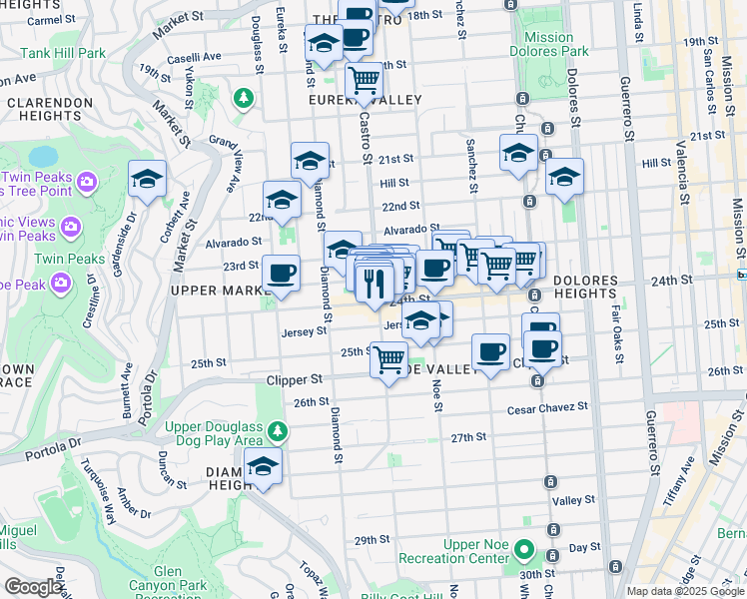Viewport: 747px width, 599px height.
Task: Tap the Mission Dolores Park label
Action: point(548,45)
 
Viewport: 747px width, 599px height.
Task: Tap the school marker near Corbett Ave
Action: point(147,180)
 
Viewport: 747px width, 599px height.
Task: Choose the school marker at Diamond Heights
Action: point(263,466)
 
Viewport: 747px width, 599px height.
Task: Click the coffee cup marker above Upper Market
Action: point(281,274)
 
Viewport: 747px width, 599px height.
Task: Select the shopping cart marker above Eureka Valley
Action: point(365,79)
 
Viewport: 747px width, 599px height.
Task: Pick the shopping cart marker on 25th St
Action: point(389,358)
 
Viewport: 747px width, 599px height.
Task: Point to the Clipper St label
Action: point(295,380)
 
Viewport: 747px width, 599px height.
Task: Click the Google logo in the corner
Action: point(33,587)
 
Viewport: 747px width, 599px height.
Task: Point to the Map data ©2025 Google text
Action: point(684,591)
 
